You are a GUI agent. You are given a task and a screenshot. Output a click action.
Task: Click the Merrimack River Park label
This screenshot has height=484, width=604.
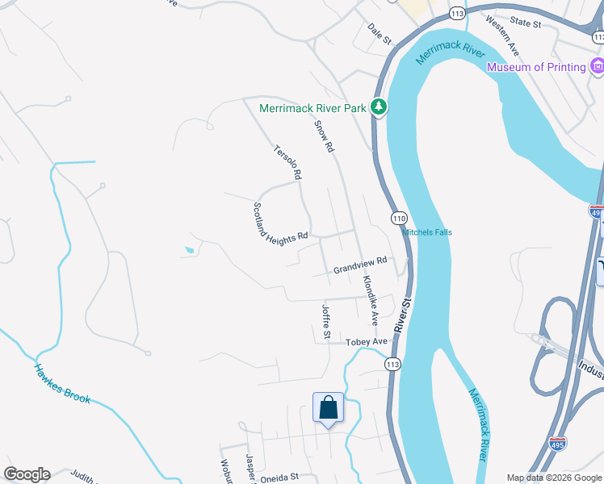313,108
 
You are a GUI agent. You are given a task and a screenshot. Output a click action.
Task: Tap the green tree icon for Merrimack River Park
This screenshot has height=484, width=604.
378,107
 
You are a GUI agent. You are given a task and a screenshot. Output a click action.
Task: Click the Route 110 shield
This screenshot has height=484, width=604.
399,218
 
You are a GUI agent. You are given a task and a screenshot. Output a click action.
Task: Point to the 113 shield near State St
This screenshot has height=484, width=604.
458,14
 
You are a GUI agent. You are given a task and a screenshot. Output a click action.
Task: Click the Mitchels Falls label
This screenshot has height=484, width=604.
427,232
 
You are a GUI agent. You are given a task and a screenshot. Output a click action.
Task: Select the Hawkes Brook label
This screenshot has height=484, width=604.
63,383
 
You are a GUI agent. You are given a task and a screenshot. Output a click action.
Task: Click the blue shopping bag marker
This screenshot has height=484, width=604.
328,407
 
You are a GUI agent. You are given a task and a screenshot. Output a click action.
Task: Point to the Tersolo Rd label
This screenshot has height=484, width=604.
288,161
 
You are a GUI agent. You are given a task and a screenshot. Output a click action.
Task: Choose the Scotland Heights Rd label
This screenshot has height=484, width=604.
281,222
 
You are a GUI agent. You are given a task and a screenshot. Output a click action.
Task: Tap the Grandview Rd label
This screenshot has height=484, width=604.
361,265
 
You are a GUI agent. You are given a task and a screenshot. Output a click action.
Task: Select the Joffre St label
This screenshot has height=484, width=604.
325,321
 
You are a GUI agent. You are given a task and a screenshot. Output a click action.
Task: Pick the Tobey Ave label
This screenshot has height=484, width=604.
367,342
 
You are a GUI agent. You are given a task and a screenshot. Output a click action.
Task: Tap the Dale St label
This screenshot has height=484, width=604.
379,34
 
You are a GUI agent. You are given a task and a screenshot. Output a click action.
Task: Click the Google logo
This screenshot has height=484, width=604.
27,474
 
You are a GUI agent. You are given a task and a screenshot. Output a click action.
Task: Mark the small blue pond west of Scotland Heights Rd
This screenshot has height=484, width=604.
189,250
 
